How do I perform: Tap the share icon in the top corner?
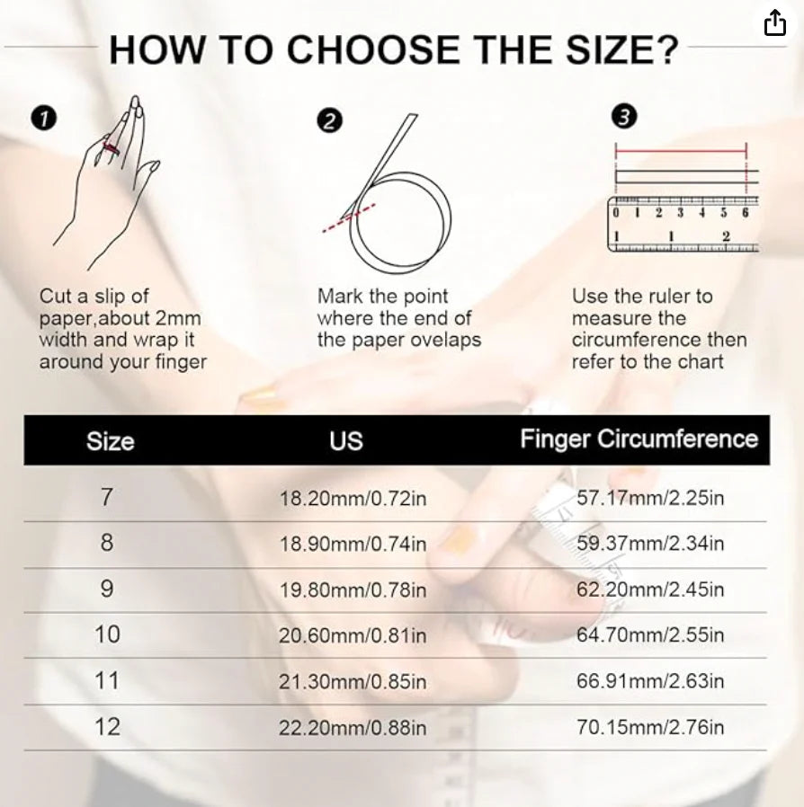pos(774,23)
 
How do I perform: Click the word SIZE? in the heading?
pos(621,50)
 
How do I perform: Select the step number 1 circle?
pos(44,119)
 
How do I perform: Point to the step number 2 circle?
pos(330,120)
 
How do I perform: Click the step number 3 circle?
pos(624,116)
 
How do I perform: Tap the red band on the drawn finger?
pos(112,149)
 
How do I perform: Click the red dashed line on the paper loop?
pos(349,218)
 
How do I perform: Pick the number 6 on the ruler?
pos(745,213)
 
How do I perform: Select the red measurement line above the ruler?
pos(681,151)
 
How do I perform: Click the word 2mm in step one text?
pos(178,319)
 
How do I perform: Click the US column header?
pos(346,441)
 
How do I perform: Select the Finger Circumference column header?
pos(639,439)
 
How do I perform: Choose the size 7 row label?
pos(107,497)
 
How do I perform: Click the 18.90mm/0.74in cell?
pos(353,544)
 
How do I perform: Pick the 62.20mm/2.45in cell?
pos(650,590)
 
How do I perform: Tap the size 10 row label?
pos(107,634)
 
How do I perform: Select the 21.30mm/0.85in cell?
pos(353,682)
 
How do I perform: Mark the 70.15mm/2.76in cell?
pos(650,727)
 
